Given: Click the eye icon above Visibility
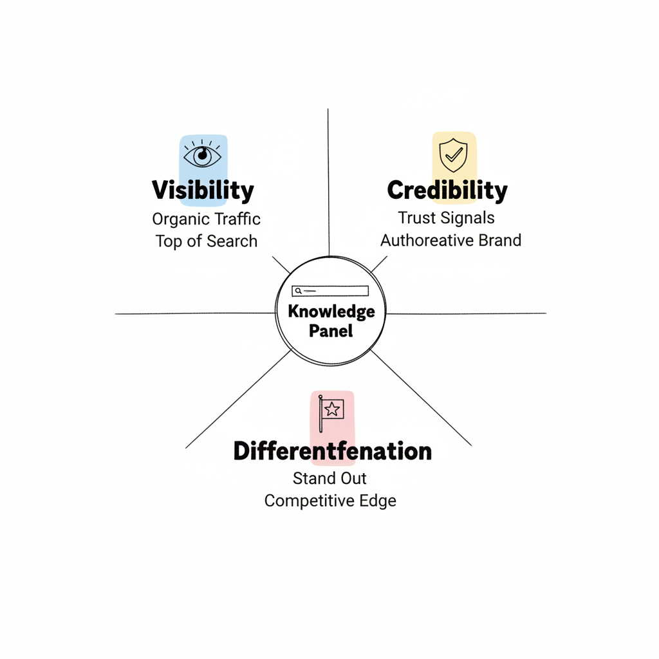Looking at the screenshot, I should coord(203,155).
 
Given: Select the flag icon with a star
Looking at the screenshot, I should coord(331,411).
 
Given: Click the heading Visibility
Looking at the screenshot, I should coord(203,190).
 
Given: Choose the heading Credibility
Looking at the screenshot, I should coord(447,190).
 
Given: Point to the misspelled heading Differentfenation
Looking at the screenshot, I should coord(332,451).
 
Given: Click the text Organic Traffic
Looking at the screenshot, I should coord(206,219).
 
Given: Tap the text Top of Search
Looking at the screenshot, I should coord(206,241).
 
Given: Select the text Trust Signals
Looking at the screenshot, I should coord(446,218).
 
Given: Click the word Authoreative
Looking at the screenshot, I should coord(429,241).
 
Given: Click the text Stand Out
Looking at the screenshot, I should coord(329,478).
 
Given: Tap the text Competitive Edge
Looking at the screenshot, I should coord(330,501).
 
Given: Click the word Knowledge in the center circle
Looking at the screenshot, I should coord(331,311).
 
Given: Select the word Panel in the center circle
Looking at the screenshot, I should coord(331,331).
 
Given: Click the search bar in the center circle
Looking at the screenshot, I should coord(329,291).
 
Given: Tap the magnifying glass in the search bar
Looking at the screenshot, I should coord(298,291).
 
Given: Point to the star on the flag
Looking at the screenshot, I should coord(333,409).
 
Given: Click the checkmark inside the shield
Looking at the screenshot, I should coord(454,155).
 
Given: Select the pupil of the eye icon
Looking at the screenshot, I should coord(203,154).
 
